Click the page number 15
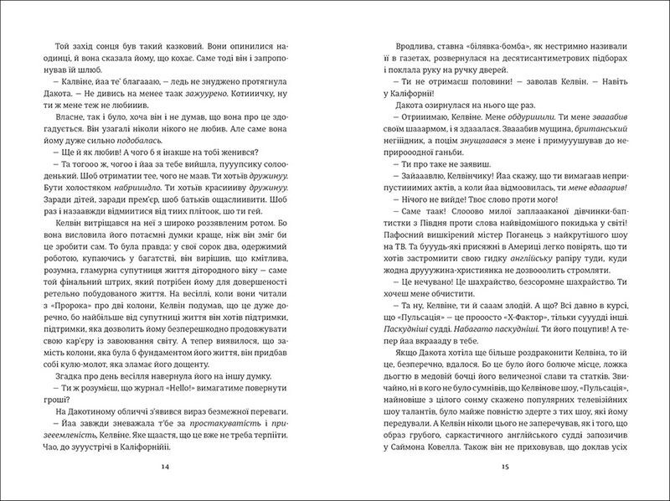tap(501, 465)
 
